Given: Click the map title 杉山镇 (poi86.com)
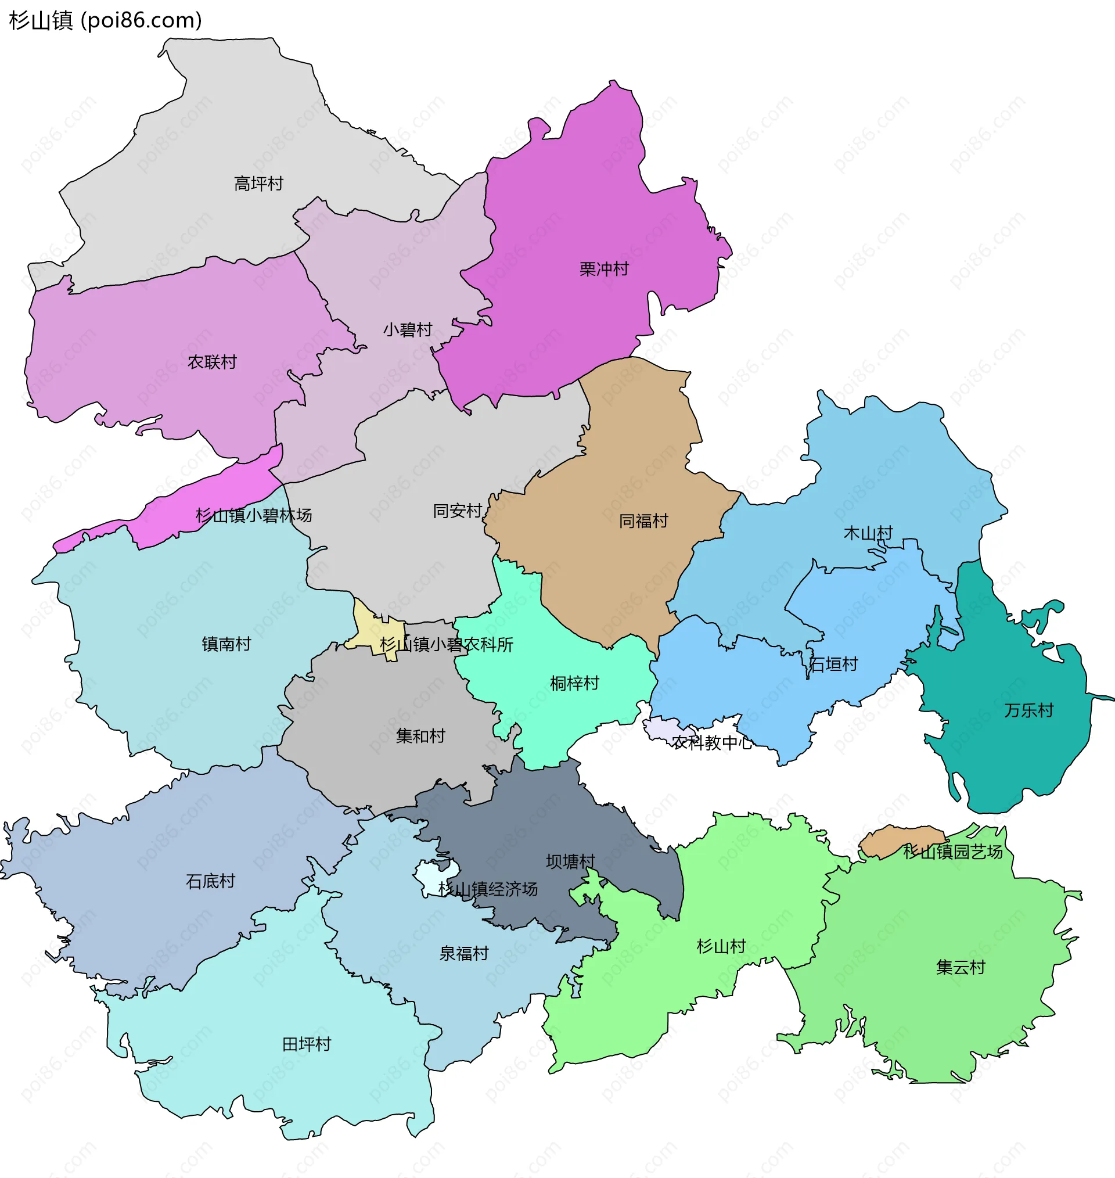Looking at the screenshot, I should [x=106, y=20].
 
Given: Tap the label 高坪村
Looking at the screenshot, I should [x=258, y=184].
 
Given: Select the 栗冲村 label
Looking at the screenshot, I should [x=604, y=270].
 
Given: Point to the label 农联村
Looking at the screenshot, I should [x=212, y=362].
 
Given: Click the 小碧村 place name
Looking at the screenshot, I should [x=407, y=330].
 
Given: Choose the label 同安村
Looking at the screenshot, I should [x=457, y=511].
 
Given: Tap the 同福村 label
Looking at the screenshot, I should [x=643, y=521].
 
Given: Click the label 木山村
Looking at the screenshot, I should [x=868, y=533].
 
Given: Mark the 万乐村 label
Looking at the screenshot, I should [x=1029, y=710].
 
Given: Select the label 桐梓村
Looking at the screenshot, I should [x=574, y=684].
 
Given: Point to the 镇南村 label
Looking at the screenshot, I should [x=226, y=644].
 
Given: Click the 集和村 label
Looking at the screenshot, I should [x=420, y=737].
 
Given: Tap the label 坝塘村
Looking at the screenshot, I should [x=571, y=862].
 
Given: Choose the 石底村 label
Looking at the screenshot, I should [x=210, y=881].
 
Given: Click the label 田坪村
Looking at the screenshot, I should [x=306, y=1044].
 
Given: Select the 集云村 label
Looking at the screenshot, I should [x=961, y=968].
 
